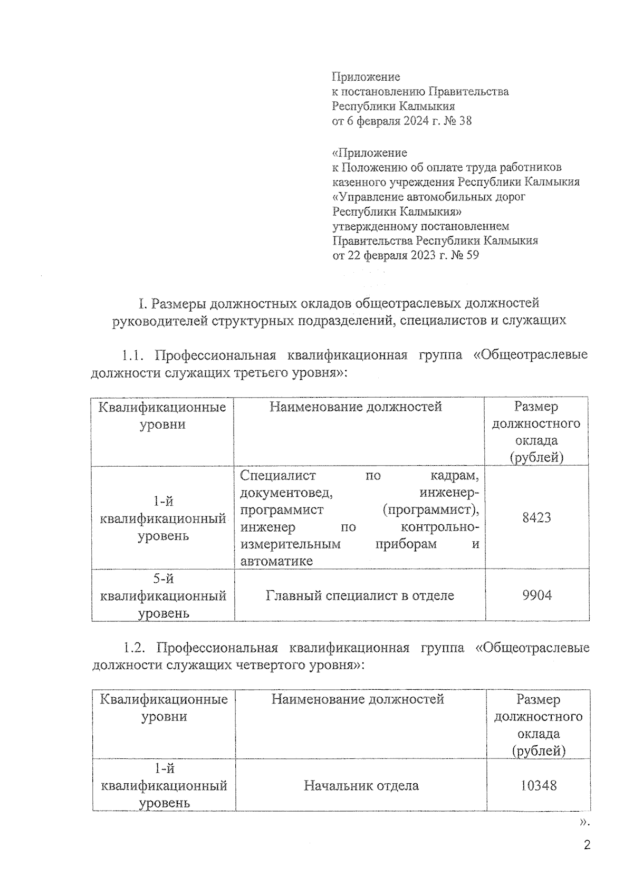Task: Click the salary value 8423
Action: tap(536, 517)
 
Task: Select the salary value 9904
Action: tap(536, 595)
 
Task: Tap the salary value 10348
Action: tap(538, 785)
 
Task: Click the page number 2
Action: tap(587, 845)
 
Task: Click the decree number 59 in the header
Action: tap(472, 256)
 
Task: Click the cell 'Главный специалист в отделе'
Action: tap(360, 595)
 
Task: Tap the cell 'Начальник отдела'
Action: tap(361, 785)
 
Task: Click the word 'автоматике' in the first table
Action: tap(276, 561)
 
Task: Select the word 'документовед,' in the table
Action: tap(285, 493)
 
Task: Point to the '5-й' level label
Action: tap(163, 579)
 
